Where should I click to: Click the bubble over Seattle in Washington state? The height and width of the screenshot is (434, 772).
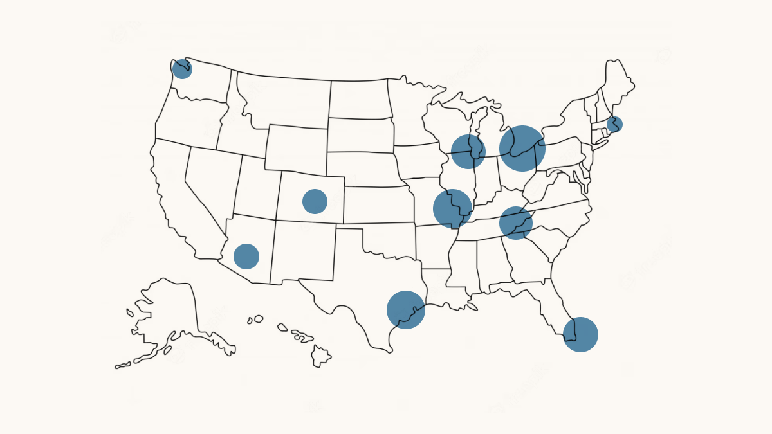pos(182,69)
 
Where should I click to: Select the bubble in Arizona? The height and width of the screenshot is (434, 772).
pos(246,256)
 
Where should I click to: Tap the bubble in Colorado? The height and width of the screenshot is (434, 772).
pos(315,201)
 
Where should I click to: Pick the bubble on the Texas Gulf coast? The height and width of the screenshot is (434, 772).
pos(406,310)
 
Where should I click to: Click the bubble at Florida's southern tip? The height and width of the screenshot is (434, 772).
pos(580,334)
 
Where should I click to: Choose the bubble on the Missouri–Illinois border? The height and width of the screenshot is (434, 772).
pos(452,208)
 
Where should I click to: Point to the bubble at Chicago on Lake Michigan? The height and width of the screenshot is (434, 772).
pos(468,152)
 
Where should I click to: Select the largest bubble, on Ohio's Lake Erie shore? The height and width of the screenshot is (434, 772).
pos(522,149)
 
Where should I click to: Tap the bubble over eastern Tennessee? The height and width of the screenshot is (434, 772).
pos(516,223)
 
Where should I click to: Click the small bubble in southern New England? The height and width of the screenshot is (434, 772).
pos(614,124)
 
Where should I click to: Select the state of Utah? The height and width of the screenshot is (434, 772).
pos(256,186)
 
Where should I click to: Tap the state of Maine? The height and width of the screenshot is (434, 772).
pos(616,84)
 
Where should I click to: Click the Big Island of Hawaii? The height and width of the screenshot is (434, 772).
pos(321,355)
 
